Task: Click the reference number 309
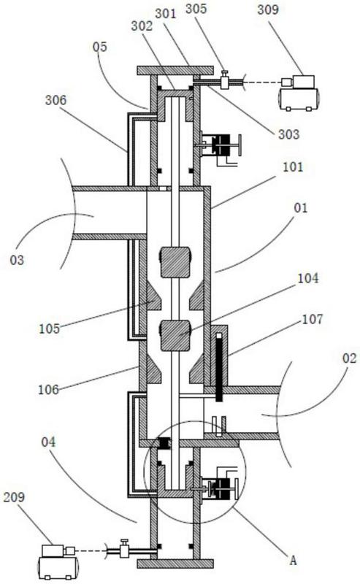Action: coord(267,9)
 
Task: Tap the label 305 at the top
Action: coord(196,9)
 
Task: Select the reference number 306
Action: coord(56,100)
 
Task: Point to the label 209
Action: coord(14,498)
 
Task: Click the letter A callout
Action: coord(294,560)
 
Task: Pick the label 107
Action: coord(313,319)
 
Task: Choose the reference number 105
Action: coord(49,328)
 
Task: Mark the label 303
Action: coord(289,134)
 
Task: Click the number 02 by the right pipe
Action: coord(349,358)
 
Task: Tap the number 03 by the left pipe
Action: coord(17,260)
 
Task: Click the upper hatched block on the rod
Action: coord(175,262)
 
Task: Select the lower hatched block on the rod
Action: coord(175,336)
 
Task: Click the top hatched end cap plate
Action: coord(175,70)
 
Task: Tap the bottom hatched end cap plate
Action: coord(175,564)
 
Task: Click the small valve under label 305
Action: coord(224,80)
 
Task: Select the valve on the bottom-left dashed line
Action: coord(124,548)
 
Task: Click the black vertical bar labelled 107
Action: coord(219,367)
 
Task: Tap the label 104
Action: coord(308,278)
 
